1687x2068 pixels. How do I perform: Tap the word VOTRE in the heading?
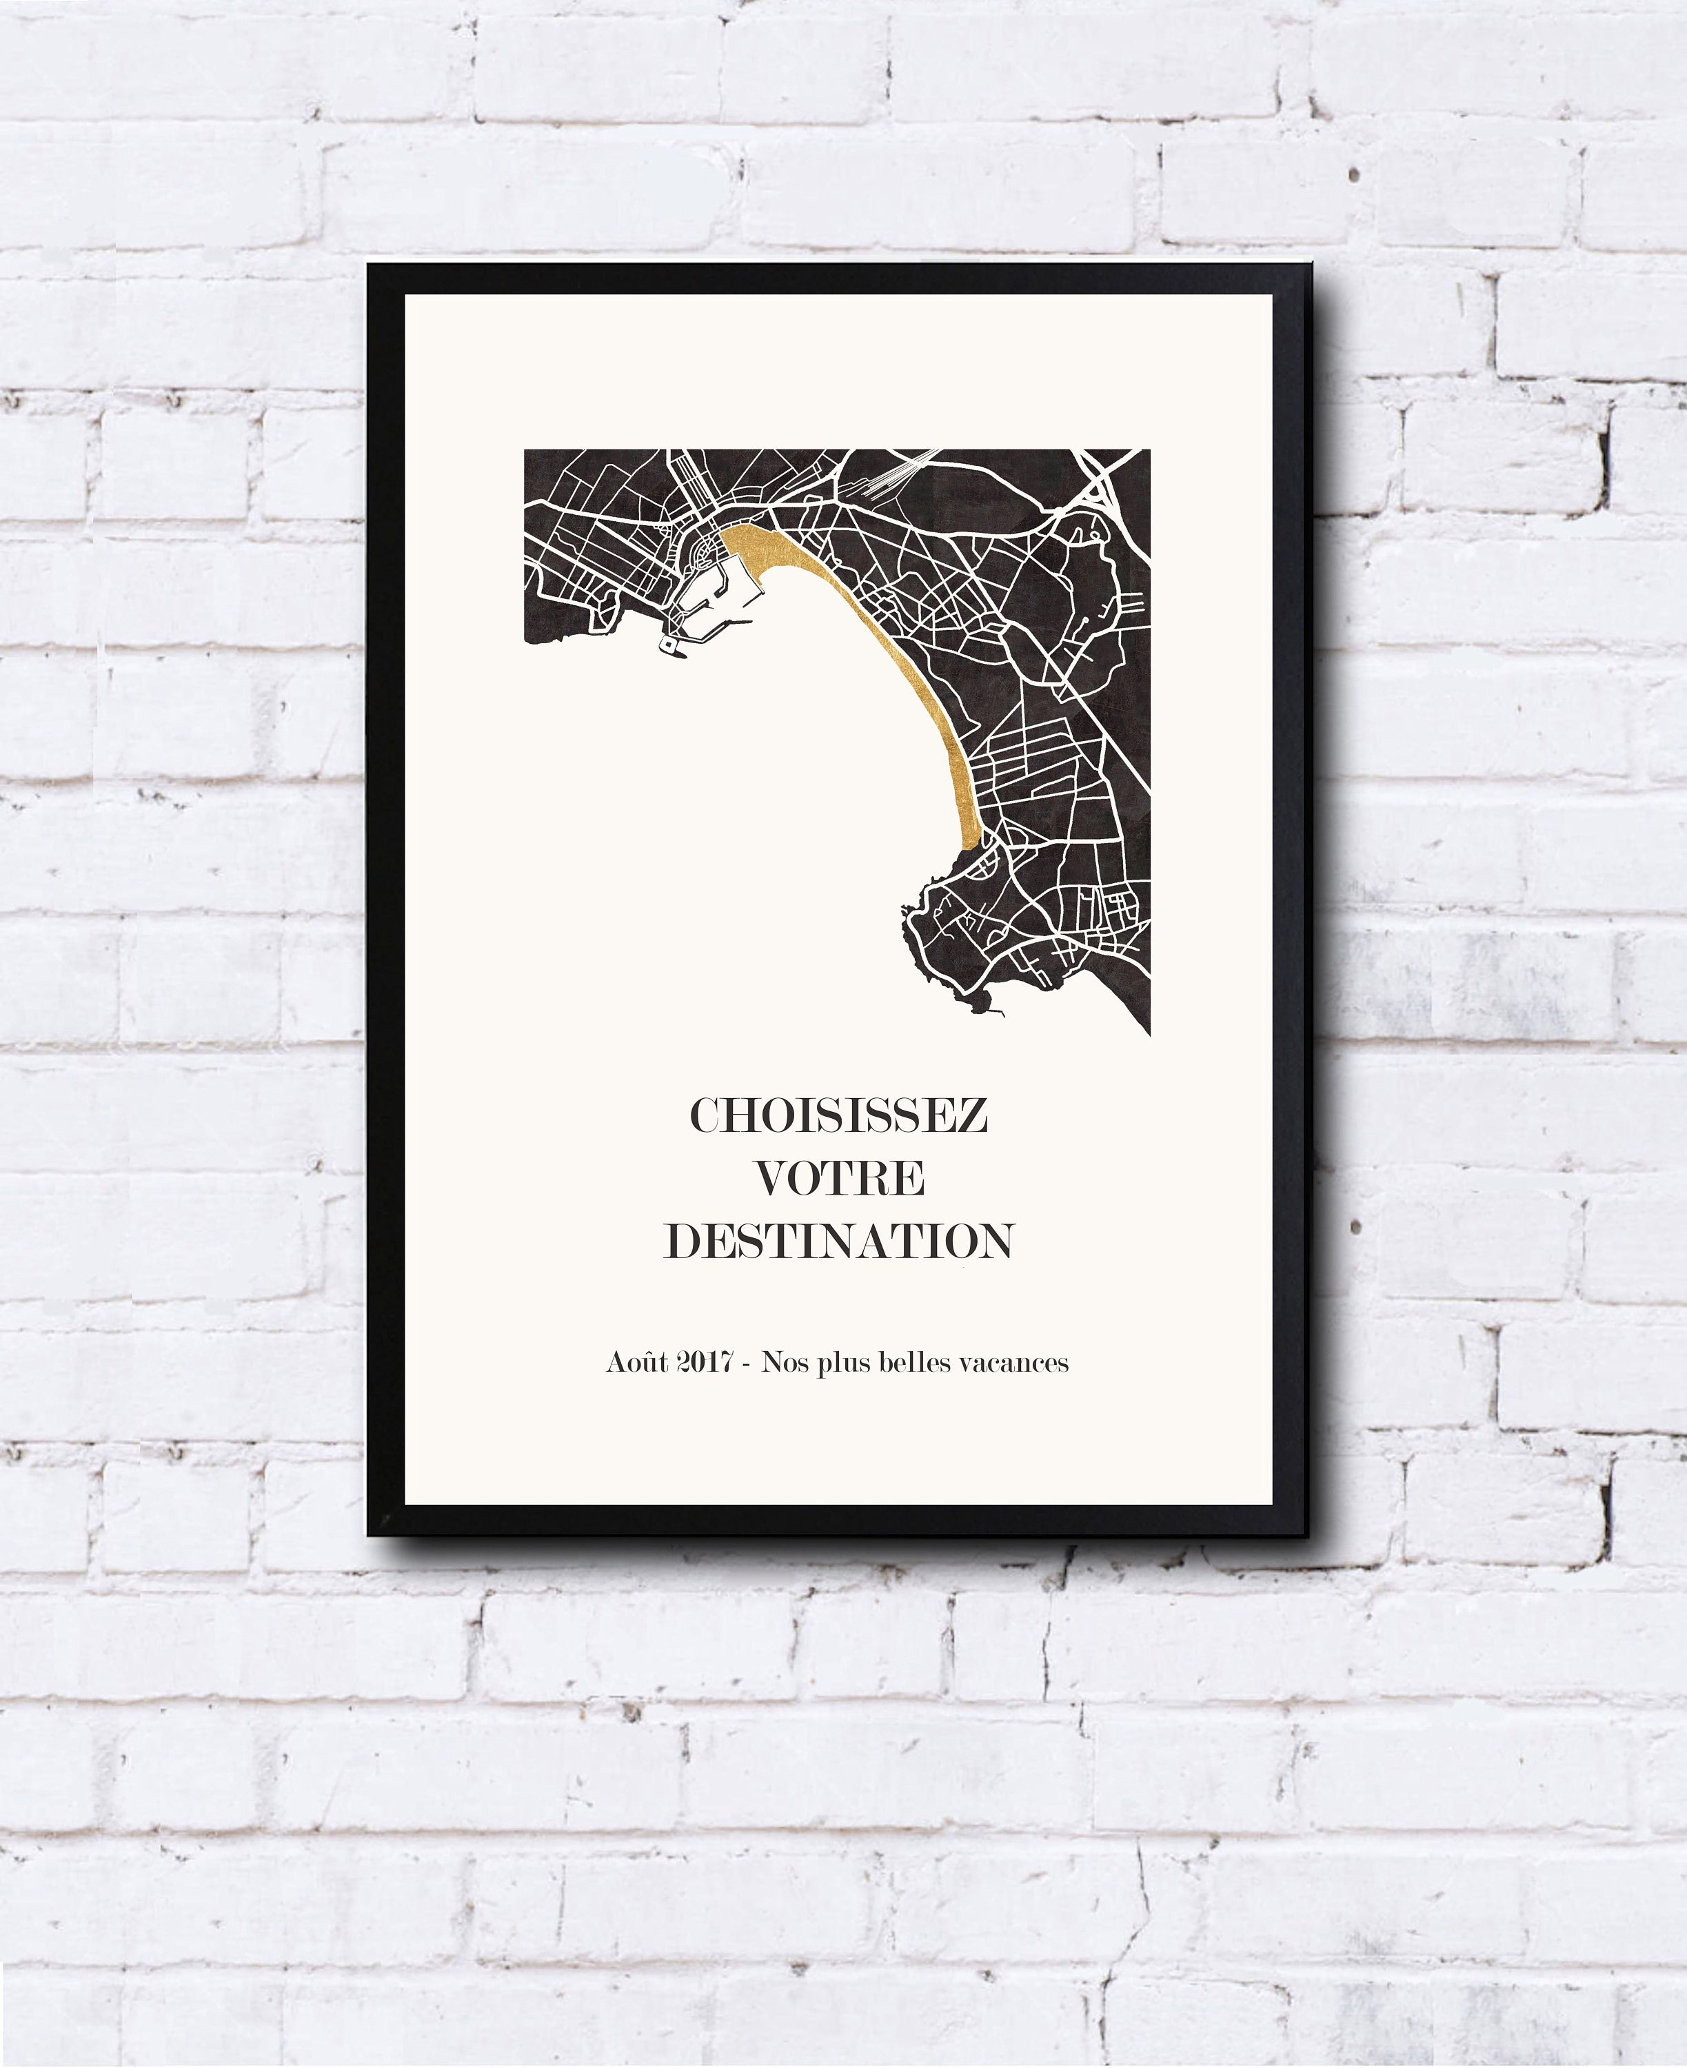[840, 1179]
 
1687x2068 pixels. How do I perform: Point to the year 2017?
[705, 1364]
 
